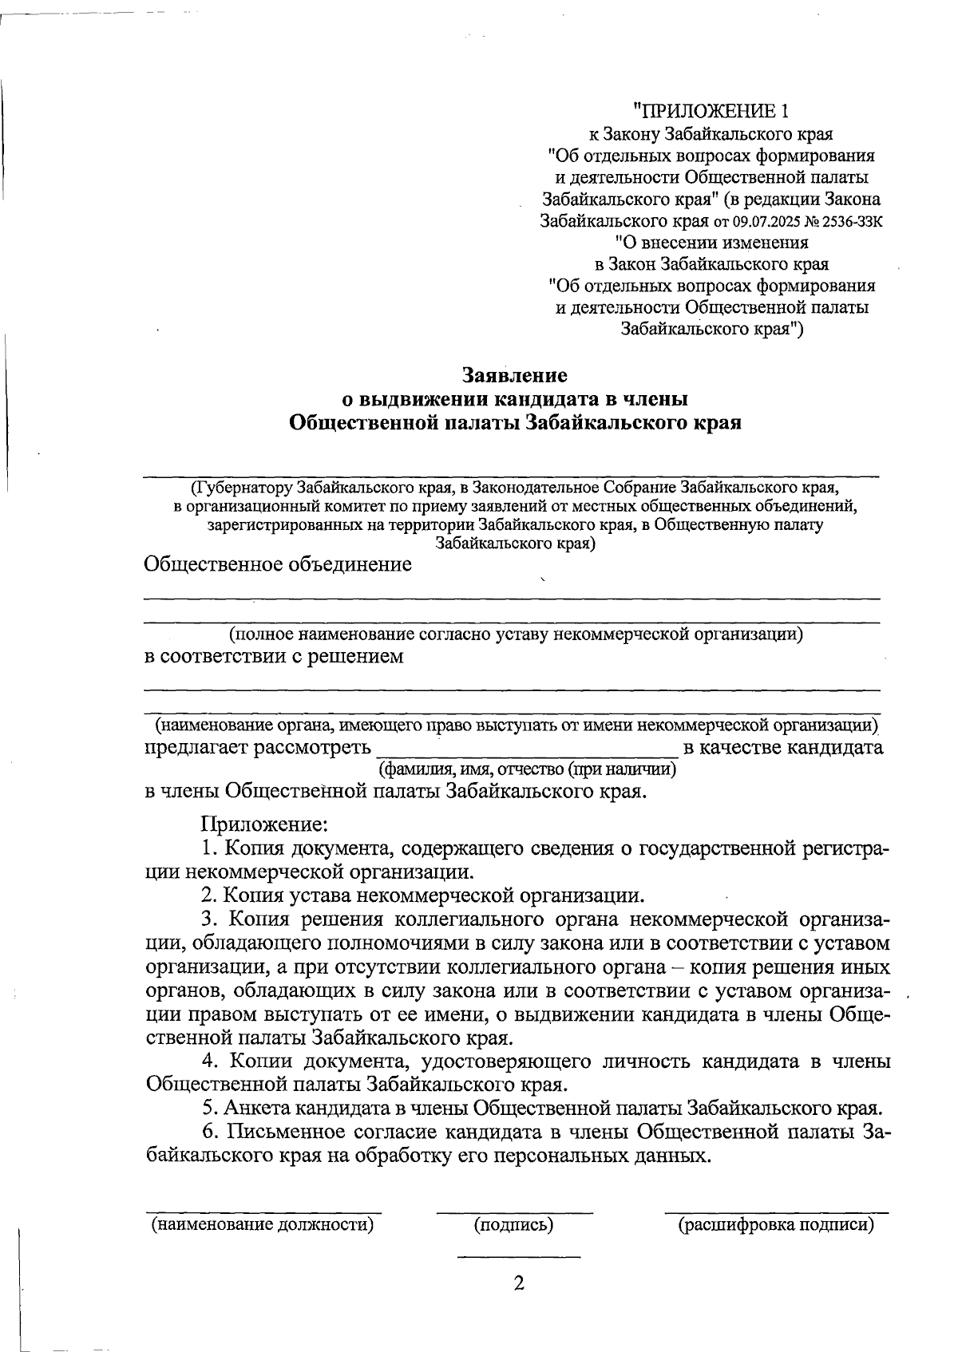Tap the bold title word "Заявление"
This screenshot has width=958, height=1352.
515,374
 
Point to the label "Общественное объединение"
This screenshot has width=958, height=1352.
278,565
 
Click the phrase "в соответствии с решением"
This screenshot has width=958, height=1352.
273,657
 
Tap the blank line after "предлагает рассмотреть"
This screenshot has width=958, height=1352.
527,753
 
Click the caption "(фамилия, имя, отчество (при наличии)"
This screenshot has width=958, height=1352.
527,769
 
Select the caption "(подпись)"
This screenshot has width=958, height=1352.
514,1224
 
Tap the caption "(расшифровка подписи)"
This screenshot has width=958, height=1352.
776,1224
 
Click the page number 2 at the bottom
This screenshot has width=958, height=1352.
519,1283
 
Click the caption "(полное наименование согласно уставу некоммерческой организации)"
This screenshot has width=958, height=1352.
515,634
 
